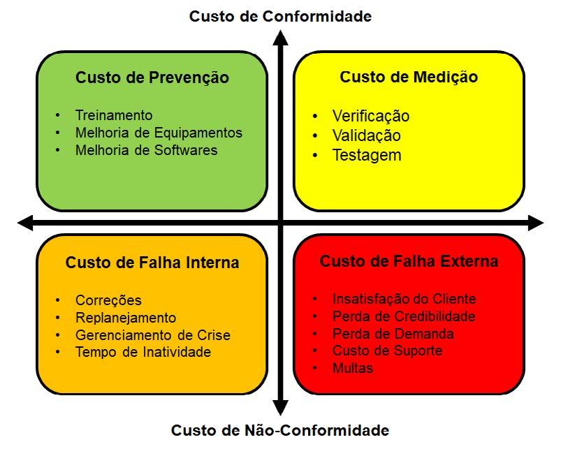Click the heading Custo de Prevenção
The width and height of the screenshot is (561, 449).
pyautogui.click(x=152, y=78)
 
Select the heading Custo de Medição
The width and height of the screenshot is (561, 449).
pyautogui.click(x=409, y=78)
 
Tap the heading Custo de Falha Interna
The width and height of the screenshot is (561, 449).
pyautogui.click(x=152, y=263)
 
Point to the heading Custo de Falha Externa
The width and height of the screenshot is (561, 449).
pyautogui.click(x=409, y=261)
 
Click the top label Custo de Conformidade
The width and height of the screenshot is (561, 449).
pyautogui.click(x=280, y=16)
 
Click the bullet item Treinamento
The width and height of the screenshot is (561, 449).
pyautogui.click(x=114, y=115)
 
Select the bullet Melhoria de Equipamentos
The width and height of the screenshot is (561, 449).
pyautogui.click(x=159, y=133)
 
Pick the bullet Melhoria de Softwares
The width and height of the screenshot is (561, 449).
pyautogui.click(x=146, y=150)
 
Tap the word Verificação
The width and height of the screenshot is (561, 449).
pyautogui.click(x=371, y=116)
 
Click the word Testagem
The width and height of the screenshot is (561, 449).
pyautogui.click(x=367, y=155)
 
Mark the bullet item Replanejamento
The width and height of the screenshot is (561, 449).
pyautogui.click(x=126, y=318)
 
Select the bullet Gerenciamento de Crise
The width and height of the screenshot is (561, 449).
pyautogui.click(x=152, y=335)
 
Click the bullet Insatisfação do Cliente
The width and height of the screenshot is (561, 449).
pyautogui.click(x=404, y=299)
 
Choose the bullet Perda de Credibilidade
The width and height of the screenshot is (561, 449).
pyautogui.click(x=404, y=316)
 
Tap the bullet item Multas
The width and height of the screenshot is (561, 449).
pyautogui.click(x=353, y=368)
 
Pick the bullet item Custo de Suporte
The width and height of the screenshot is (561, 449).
pyautogui.click(x=387, y=351)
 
